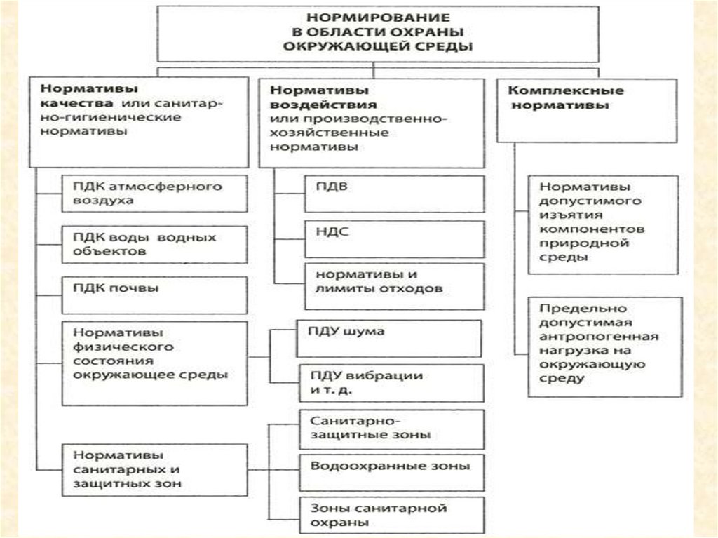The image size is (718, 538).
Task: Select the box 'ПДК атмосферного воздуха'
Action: coord(154,194)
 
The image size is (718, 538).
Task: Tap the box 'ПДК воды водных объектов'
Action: coord(154,244)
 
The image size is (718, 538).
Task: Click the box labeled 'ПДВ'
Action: coord(394,194)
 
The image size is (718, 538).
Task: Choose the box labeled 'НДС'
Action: coord(394,239)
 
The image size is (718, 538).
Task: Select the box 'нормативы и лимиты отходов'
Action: coord(394,286)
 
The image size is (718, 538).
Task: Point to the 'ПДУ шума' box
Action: coord(390,338)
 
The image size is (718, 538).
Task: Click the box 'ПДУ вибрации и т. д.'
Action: coord(390,382)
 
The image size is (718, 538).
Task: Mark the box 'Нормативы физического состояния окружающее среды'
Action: coord(154,363)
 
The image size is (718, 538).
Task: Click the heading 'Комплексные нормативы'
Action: coord(586,110)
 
